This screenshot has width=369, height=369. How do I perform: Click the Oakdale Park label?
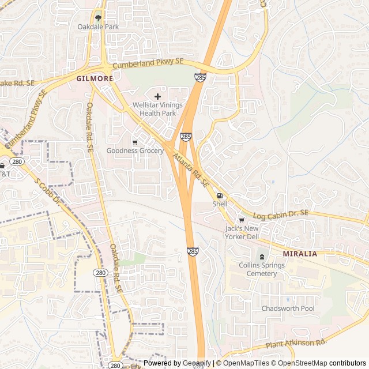point(98,27)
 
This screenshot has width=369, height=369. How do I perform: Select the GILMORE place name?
point(95,78)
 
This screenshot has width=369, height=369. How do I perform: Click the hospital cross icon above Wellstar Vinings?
point(157,96)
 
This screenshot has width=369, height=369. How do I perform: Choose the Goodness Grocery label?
point(135,151)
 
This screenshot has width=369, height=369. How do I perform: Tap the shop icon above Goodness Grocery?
point(135,142)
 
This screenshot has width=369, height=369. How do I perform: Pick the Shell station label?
point(220,204)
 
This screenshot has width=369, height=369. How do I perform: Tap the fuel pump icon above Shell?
point(220,195)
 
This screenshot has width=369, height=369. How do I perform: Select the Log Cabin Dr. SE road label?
point(281,213)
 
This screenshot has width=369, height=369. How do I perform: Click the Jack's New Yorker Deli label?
point(242,232)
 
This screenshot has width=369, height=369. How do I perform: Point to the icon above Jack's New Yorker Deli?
point(242,220)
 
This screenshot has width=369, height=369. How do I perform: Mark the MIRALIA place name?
point(300,254)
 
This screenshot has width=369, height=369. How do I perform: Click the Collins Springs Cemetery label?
point(262,269)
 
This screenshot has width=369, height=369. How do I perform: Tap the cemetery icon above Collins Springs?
point(262,257)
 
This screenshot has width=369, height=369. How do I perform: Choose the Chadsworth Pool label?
point(288,308)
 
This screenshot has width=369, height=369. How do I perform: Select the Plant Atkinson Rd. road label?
point(296,344)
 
